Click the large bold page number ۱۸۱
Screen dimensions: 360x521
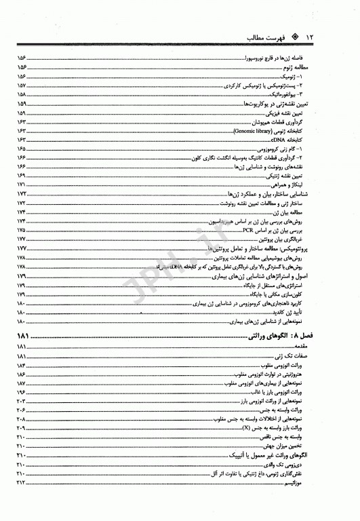[26, 336]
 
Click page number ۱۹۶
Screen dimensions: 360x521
[21, 392]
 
